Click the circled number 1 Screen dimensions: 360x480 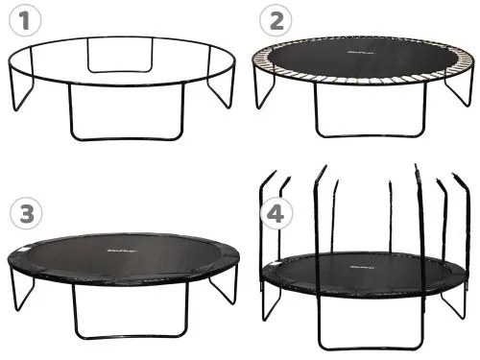coord(20,20)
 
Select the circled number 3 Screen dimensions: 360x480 coord(20,212)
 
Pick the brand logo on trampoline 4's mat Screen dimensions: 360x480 coord(362,258)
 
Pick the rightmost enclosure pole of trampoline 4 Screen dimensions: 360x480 coord(463,230)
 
